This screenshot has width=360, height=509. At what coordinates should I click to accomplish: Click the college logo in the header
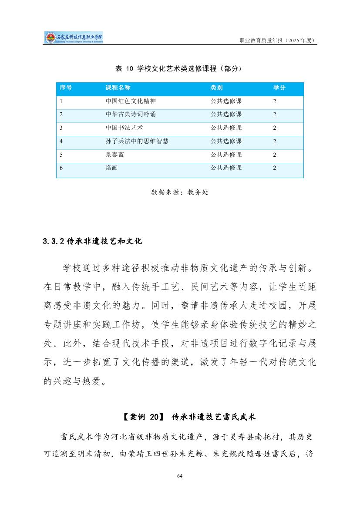click(74, 37)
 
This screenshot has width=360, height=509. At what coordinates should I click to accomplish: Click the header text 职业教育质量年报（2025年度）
click(278, 40)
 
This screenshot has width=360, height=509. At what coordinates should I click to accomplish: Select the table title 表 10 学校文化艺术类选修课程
click(178, 68)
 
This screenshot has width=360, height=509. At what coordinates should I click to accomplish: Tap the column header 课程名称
click(118, 88)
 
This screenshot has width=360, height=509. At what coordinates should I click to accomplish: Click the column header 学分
click(279, 88)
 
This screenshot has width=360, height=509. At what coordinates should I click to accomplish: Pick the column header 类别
click(217, 88)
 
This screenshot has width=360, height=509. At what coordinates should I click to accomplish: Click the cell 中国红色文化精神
click(131, 101)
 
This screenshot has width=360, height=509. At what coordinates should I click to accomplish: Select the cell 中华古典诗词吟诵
click(131, 115)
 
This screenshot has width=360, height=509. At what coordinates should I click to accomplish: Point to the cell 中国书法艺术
click(124, 128)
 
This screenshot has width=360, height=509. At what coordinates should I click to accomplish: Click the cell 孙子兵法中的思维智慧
click(137, 142)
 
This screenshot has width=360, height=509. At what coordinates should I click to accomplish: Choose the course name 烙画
click(112, 168)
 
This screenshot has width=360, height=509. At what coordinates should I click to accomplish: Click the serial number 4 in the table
click(61, 142)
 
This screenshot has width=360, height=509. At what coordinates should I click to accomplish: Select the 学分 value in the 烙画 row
click(275, 168)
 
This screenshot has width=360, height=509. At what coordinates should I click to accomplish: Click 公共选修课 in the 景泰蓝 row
click(226, 155)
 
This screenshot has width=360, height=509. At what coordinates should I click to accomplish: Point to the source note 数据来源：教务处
click(180, 192)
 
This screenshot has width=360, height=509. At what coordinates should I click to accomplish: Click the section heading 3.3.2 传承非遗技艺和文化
click(93, 241)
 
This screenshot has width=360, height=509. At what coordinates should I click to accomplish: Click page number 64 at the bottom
click(180, 475)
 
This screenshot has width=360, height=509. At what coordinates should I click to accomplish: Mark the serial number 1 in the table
click(61, 101)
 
